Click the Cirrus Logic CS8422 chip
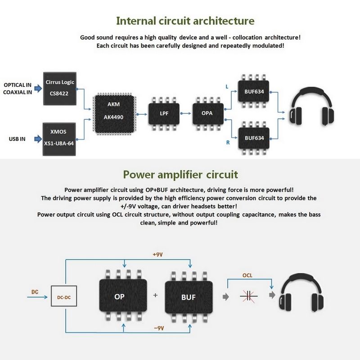pyautogui.click(x=60, y=89)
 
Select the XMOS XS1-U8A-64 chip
pyautogui.click(x=60, y=139)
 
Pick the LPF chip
pyautogui.click(x=164, y=114)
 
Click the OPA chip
pyautogui.click(x=208, y=114)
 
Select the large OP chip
pyautogui.click(x=119, y=297)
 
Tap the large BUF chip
pyautogui.click(x=188, y=297)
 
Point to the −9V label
pyautogui.click(x=158, y=328)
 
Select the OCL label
pyautogui.click(x=247, y=275)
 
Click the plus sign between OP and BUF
pyautogui.click(x=155, y=296)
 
